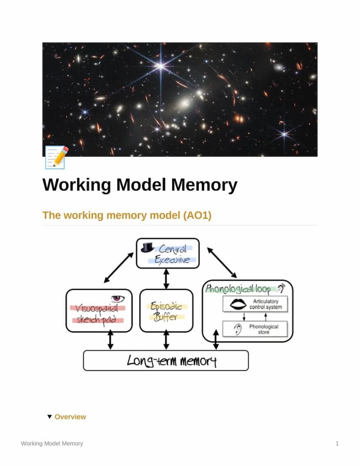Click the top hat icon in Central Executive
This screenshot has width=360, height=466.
tap(147, 247)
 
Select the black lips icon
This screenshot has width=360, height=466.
tap(238, 304)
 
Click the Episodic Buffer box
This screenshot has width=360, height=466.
tap(166, 311)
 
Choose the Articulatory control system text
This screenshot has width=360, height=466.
tap(265, 304)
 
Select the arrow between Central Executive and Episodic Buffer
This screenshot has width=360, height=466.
tap(166, 278)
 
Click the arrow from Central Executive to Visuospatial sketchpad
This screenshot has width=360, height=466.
tap(119, 268)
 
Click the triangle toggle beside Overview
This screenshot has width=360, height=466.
tap(50, 417)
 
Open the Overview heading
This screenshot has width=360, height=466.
tap(70, 417)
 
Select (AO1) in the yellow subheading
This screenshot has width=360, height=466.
tap(197, 215)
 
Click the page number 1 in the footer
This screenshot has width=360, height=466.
tap(337, 443)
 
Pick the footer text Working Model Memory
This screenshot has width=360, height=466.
tap(52, 443)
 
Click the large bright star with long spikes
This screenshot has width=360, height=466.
tap(161, 66)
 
